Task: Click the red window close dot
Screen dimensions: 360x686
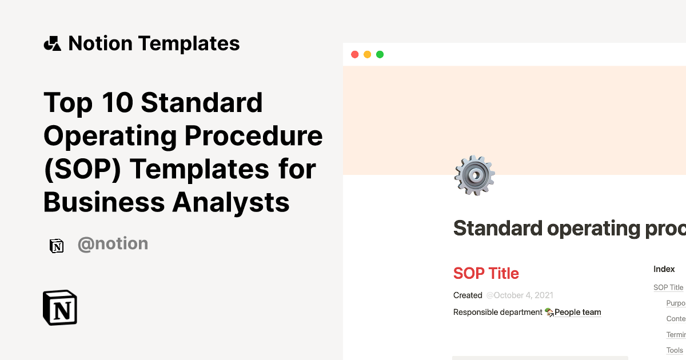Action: pos(354,54)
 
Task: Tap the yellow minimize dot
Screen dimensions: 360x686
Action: pos(367,54)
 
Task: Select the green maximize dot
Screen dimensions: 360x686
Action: pos(380,54)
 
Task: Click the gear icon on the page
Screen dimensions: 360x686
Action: pos(474,175)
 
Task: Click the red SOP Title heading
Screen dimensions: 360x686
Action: pos(486,273)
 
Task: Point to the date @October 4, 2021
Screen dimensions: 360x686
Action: pos(520,295)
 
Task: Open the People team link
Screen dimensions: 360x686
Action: pos(577,312)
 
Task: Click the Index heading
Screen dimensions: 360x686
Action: pos(664,269)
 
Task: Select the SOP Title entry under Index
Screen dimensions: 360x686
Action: pos(668,287)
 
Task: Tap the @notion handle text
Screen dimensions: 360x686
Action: pos(113,244)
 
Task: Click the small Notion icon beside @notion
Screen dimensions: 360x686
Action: pos(57,246)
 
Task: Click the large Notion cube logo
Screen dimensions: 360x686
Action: pos(60,308)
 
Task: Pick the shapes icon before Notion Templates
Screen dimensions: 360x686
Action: pos(52,43)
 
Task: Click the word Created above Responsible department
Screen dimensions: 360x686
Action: pos(468,295)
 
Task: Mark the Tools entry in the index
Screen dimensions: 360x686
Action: pos(675,350)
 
